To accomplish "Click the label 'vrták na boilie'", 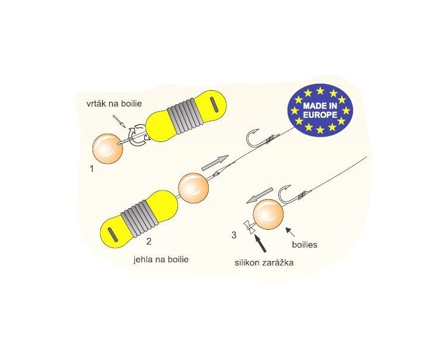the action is tap(114, 104).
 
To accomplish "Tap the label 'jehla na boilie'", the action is tap(161, 259).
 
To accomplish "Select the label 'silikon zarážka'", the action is tap(264, 263).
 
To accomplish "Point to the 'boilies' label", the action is tap(305, 245).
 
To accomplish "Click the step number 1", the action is tap(91, 169).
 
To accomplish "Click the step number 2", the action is tap(149, 242).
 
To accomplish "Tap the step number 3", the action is tap(234, 235).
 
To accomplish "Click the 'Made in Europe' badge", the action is tap(320, 110).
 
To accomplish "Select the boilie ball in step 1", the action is tap(108, 149).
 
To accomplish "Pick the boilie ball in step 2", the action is tap(193, 188).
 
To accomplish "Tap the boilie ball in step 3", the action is tap(268, 214).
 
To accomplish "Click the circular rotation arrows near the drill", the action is tap(137, 136).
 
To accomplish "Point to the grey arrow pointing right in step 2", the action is tap(215, 163).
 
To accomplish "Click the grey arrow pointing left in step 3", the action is tap(259, 196).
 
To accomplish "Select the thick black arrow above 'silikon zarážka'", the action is tap(260, 243).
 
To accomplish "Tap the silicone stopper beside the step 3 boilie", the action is tap(250, 227).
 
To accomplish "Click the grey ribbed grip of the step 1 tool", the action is tap(183, 115).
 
